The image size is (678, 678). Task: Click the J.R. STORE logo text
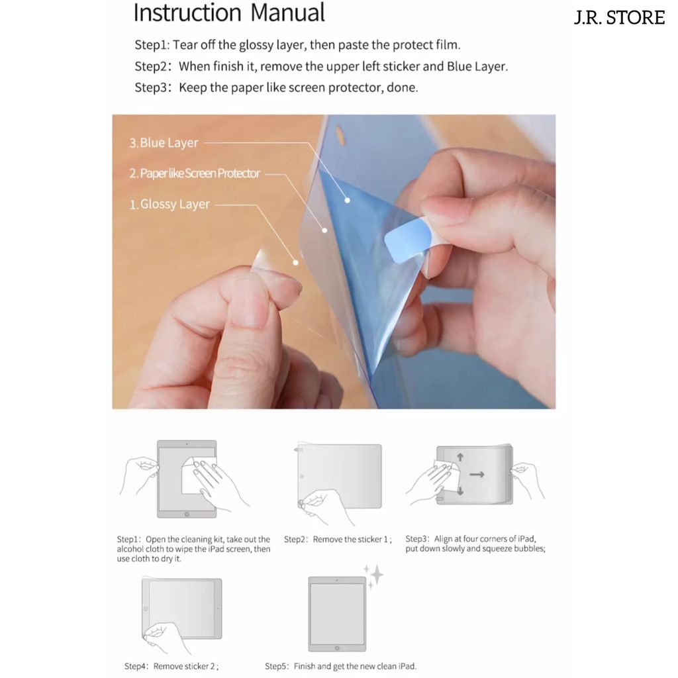pyautogui.click(x=619, y=18)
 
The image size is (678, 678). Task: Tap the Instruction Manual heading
pyautogui.click(x=229, y=13)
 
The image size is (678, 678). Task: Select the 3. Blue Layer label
pyautogui.click(x=164, y=143)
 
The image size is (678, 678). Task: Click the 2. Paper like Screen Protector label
pyautogui.click(x=195, y=173)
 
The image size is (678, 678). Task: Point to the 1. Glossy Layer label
pyautogui.click(x=169, y=204)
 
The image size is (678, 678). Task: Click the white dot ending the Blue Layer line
pyautogui.click(x=347, y=200)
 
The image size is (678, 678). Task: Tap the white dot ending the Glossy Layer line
pyautogui.click(x=296, y=262)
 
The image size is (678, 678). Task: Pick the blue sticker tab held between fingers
pyautogui.click(x=407, y=240)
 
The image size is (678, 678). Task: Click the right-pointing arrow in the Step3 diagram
pyautogui.click(x=477, y=475)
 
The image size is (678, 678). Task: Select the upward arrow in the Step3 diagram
pyautogui.click(x=460, y=457)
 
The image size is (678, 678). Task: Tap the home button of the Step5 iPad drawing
pyautogui.click(x=337, y=648)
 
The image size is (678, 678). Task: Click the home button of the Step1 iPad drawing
pyautogui.click(x=187, y=514)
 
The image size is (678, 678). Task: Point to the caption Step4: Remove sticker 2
pyautogui.click(x=171, y=666)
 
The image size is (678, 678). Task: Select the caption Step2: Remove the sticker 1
pyautogui.click(x=338, y=540)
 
